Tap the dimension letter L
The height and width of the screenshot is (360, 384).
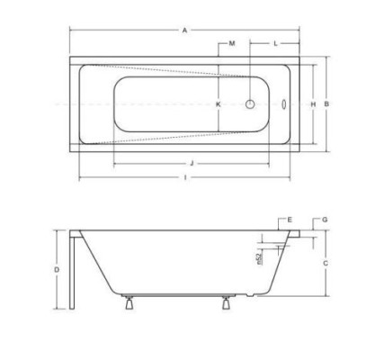coord(274,43)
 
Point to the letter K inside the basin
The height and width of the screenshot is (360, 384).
coord(218,104)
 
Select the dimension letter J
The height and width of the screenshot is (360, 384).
coord(192,164)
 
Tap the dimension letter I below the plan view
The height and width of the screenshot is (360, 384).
coord(184,177)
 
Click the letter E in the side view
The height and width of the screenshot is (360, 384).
coord(290,220)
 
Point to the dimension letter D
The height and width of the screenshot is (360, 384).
coord(57,269)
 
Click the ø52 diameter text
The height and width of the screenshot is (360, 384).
coord(258,258)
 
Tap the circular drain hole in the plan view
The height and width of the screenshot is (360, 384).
coord(249,104)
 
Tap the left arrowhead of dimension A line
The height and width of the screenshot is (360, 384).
coord(72,31)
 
